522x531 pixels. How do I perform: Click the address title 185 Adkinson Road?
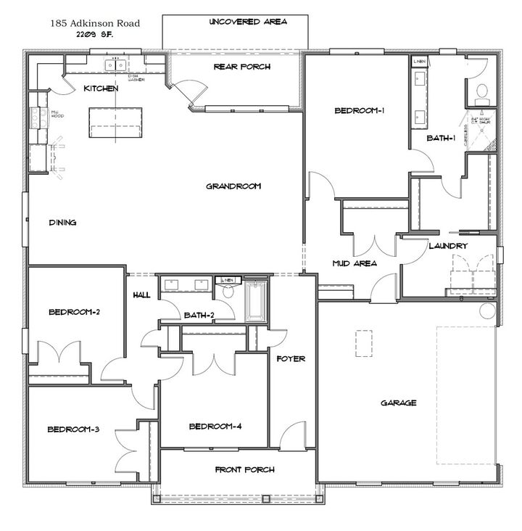(95, 23)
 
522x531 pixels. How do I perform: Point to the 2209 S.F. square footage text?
(96, 33)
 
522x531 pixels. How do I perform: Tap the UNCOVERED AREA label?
(247, 22)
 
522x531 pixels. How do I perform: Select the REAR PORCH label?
(241, 67)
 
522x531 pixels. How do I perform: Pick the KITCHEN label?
(101, 88)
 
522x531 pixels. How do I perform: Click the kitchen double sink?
(115, 65)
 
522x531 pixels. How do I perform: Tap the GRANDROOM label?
(233, 186)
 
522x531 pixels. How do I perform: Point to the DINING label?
(63, 223)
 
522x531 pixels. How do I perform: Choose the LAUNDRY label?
(447, 246)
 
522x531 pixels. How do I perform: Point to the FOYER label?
(291, 358)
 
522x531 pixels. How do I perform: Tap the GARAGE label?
(398, 403)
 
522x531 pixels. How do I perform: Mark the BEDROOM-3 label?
(73, 429)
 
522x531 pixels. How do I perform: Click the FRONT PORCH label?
(244, 470)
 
